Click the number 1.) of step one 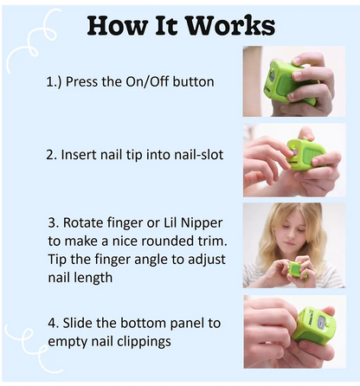[x=54, y=82]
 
